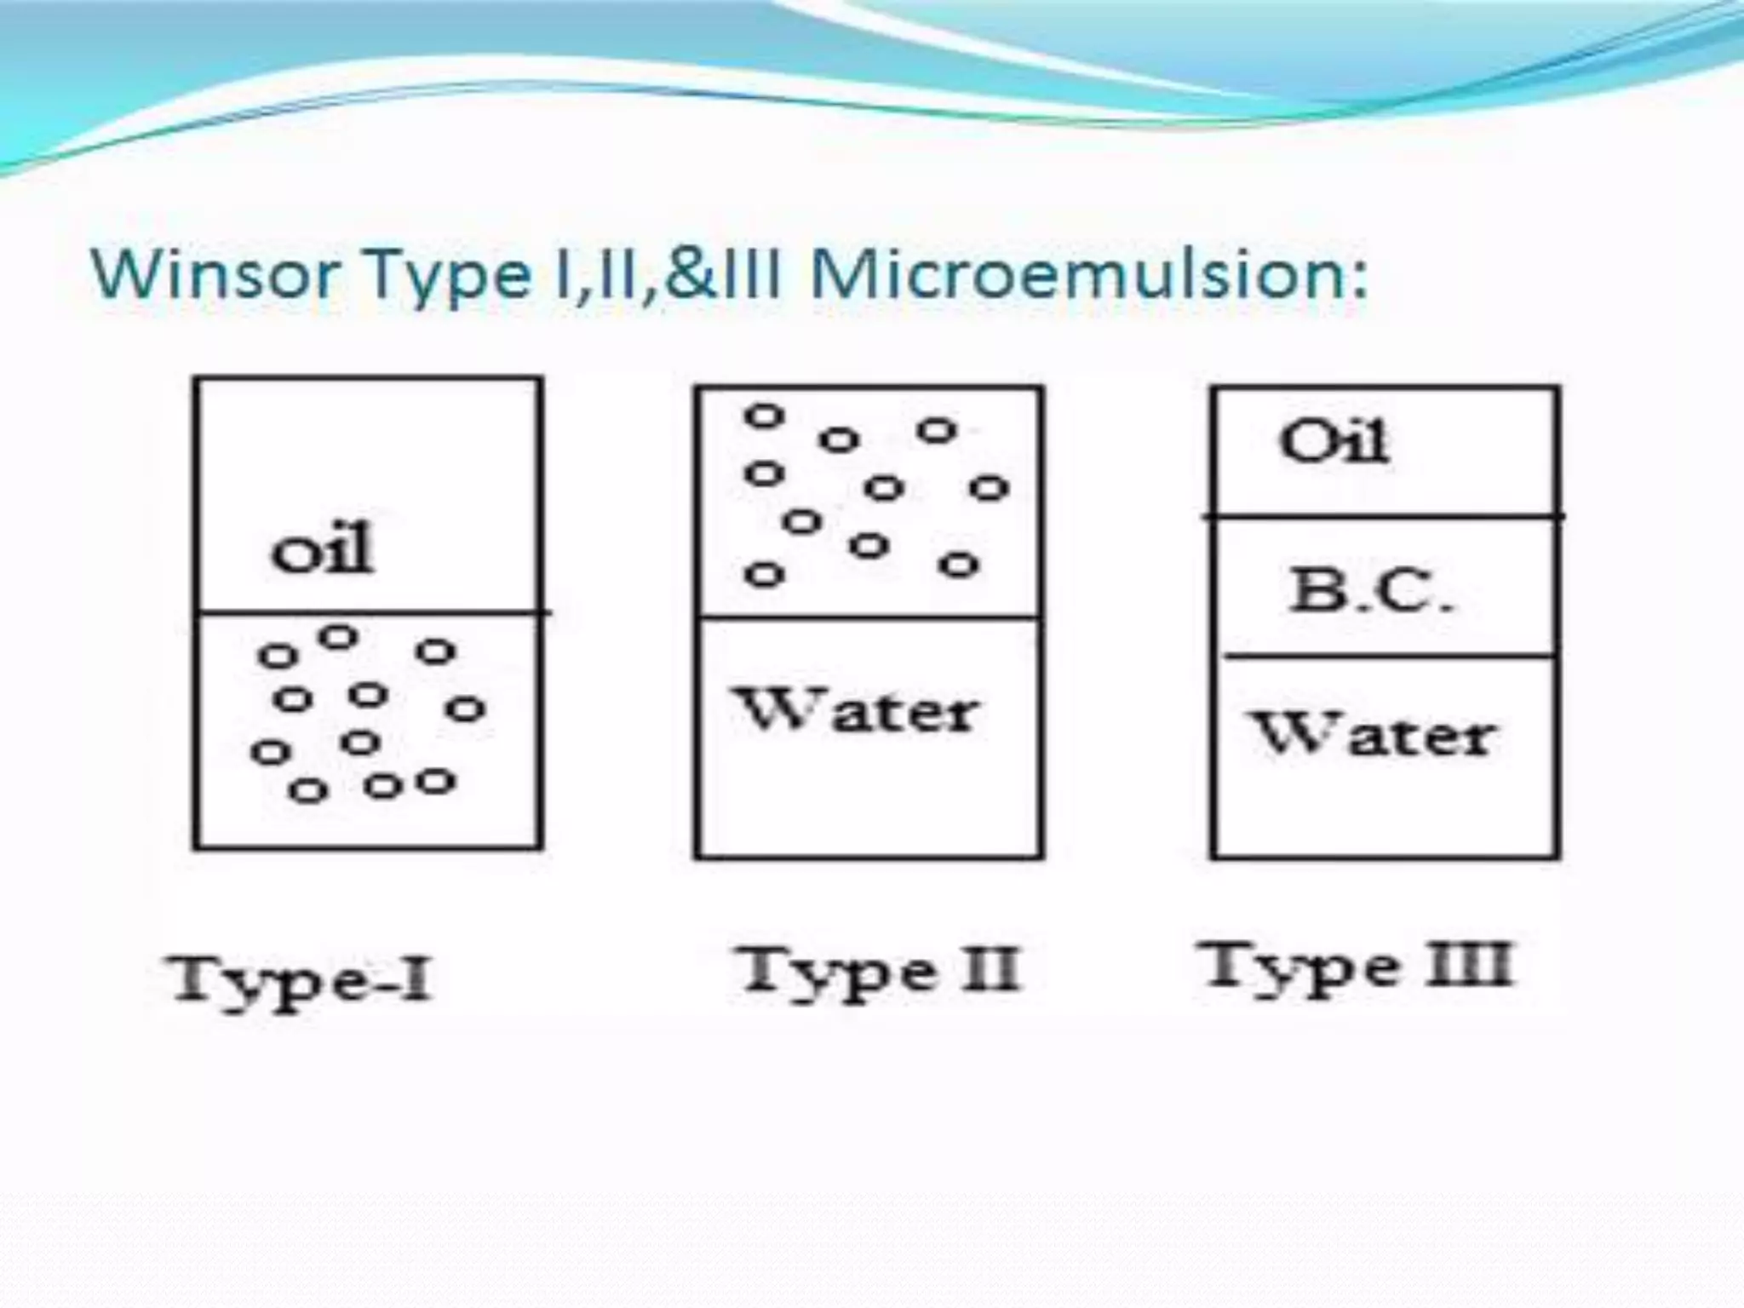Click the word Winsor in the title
[213, 274]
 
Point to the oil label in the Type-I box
[322, 549]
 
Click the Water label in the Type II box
[856, 711]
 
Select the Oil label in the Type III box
[1334, 442]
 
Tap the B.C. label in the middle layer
[1369, 590]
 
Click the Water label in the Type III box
[1373, 735]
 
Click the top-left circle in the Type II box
[764, 416]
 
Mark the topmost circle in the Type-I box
[339, 636]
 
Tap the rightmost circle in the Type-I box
[466, 708]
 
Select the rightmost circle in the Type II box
[989, 488]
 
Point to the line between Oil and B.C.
[1385, 516]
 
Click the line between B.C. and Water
[1388, 656]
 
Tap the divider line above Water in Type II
[869, 617]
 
